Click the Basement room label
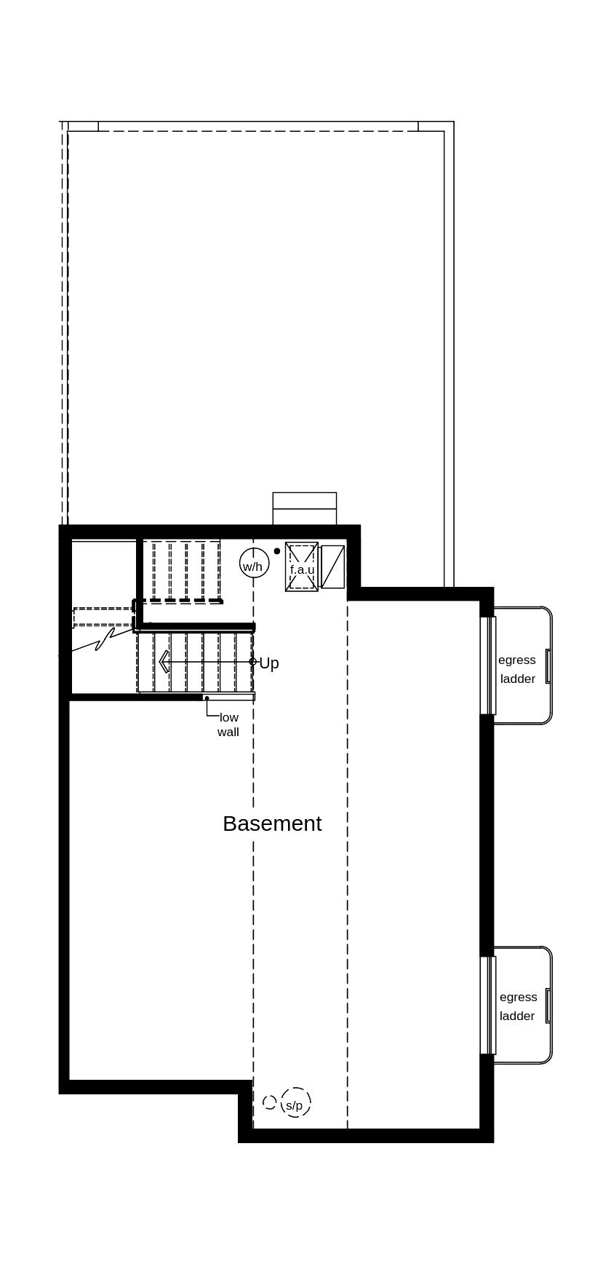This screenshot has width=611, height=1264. [272, 823]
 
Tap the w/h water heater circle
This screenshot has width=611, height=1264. [254, 564]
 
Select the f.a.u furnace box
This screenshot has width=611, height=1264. [302, 567]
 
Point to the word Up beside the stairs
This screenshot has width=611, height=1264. [269, 663]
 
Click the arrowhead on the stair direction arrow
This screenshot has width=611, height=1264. [164, 661]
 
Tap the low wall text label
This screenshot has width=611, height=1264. [228, 724]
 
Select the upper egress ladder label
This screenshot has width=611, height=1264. [517, 669]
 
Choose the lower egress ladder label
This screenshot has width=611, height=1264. [517, 1006]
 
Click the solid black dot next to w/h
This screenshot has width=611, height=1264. [277, 551]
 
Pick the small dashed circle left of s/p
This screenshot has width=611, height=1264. [270, 1102]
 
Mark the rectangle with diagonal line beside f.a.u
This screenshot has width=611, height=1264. [332, 566]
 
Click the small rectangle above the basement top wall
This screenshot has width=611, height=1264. [305, 507]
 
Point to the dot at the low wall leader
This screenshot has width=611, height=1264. [207, 698]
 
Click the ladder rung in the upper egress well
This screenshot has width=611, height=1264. [548, 665]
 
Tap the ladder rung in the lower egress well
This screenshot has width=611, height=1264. [548, 1006]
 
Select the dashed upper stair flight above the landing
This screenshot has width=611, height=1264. [185, 571]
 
